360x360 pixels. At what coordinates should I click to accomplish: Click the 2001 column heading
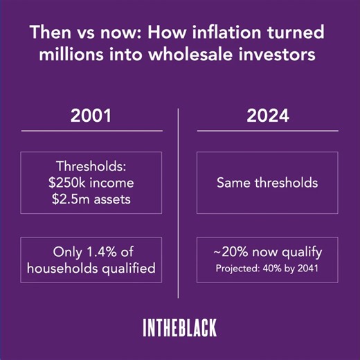(x=90, y=116)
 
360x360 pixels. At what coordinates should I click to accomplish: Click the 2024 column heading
(x=267, y=116)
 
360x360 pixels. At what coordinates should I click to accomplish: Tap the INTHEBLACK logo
(x=179, y=327)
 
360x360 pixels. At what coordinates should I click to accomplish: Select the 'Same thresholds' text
(x=267, y=183)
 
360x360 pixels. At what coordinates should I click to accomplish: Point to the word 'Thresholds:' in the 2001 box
(x=91, y=167)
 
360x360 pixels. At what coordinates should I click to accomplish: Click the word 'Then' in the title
(x=47, y=33)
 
